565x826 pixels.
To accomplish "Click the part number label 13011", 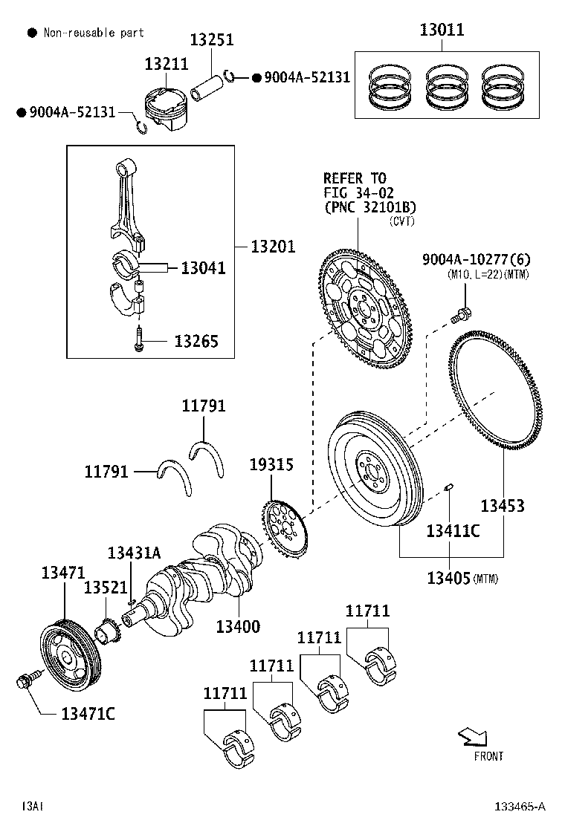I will (442, 30).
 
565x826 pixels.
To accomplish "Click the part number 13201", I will (273, 247).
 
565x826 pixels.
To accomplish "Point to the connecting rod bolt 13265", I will (139, 339).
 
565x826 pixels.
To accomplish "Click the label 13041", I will (203, 267).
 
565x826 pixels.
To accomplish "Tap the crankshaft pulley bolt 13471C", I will (23, 681).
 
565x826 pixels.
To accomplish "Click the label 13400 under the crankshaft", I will (238, 626).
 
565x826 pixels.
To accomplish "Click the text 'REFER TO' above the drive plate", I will (355, 178).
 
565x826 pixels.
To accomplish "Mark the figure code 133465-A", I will (521, 806).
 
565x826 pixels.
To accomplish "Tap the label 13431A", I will (134, 553).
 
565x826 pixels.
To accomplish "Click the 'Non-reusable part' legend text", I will (94, 33).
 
